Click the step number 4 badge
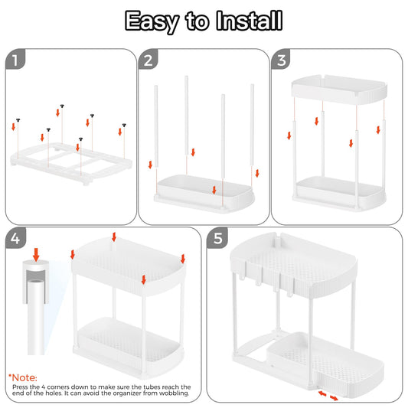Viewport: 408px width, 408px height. point(16,240)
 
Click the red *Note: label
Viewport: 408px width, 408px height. point(24,377)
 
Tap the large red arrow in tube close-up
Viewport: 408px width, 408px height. point(36,253)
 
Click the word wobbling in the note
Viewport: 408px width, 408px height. point(175,397)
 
